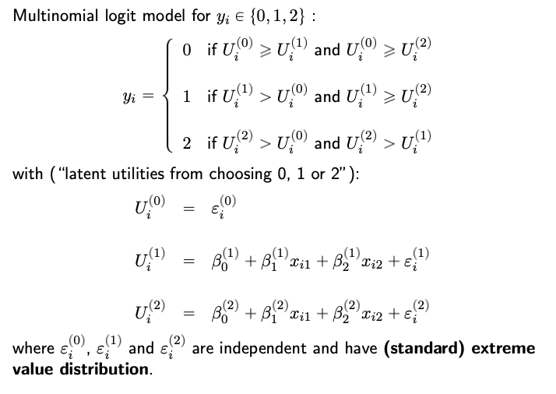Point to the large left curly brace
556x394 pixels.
click(165, 97)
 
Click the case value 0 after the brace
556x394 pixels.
click(187, 50)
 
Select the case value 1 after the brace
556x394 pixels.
click(187, 97)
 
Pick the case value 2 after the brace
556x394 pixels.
click(187, 144)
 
